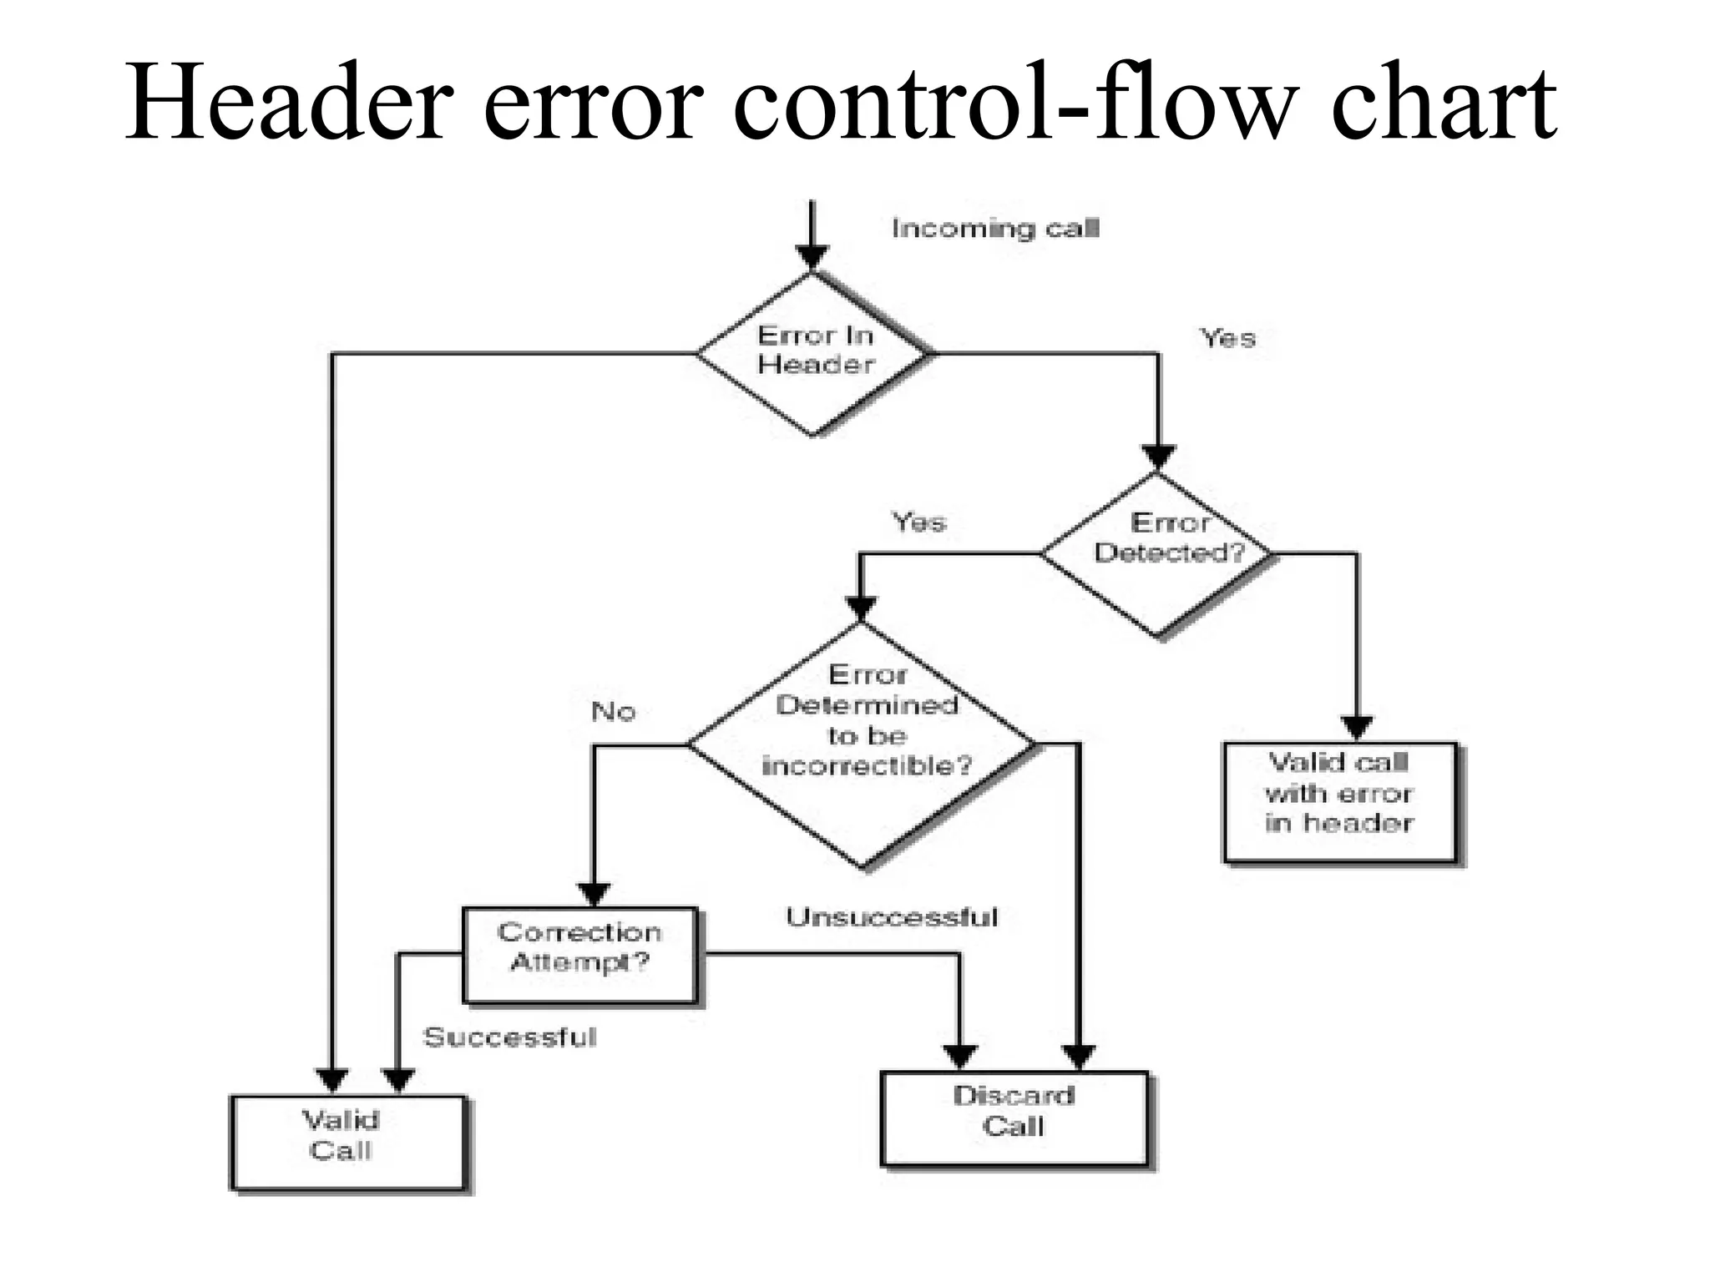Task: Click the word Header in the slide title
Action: [289, 103]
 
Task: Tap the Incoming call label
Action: [995, 228]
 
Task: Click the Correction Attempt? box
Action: [580, 954]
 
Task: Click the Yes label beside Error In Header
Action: [1227, 338]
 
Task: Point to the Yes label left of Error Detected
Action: [919, 522]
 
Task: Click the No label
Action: [614, 711]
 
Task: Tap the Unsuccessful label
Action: [892, 917]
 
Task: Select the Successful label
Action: [510, 1037]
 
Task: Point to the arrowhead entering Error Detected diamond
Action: [1158, 457]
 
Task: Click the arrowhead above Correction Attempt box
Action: [594, 894]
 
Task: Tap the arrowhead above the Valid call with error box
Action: [1357, 727]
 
